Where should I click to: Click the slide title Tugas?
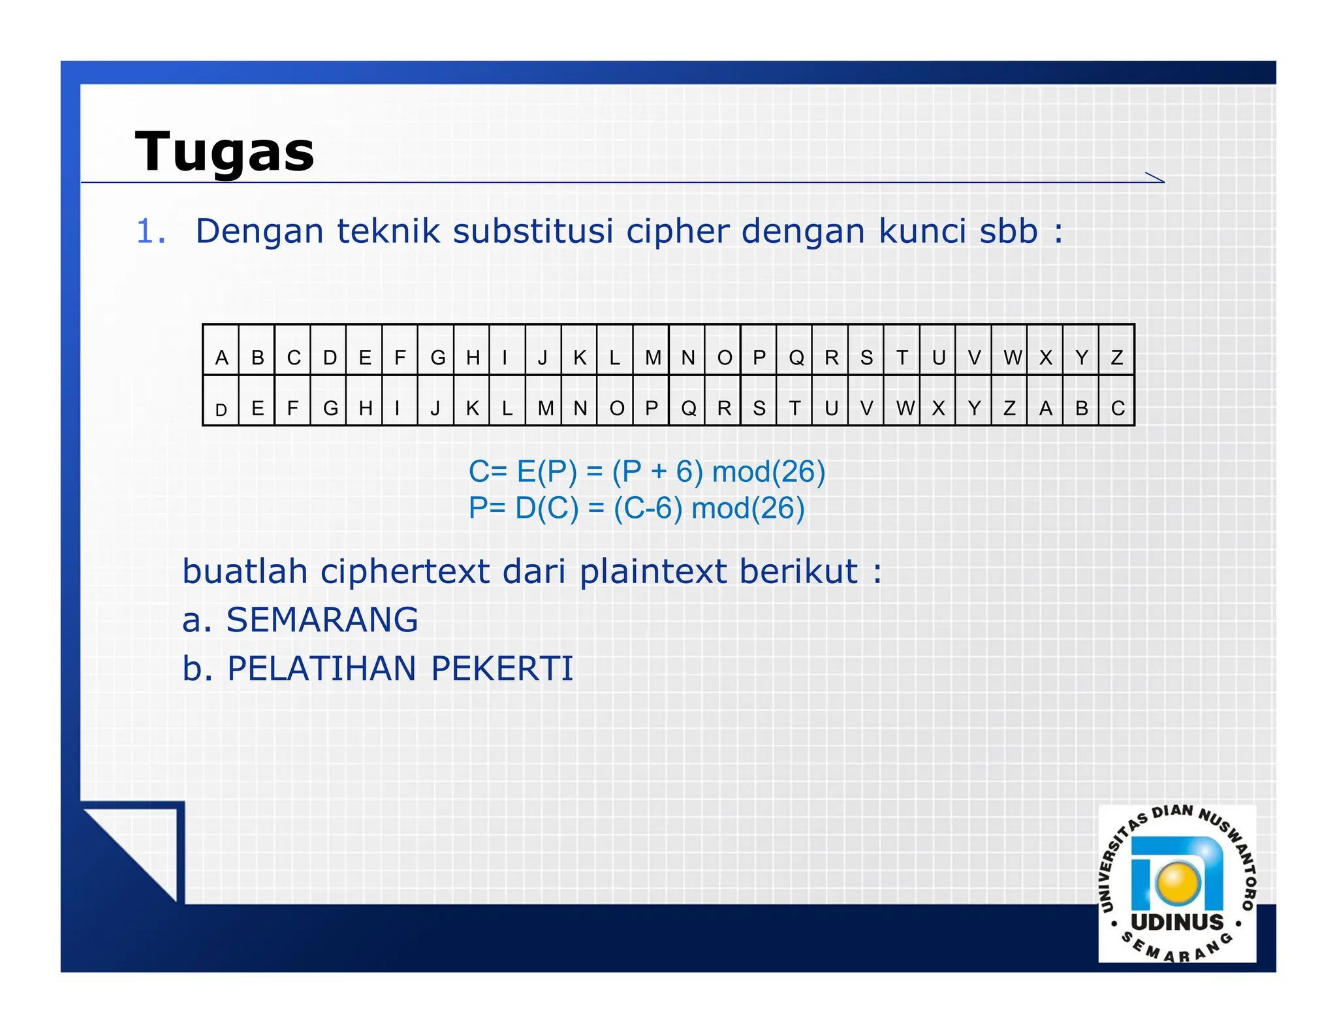(225, 152)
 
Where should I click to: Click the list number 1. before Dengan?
(151, 232)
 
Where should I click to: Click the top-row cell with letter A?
(221, 357)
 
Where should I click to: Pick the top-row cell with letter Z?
(1117, 357)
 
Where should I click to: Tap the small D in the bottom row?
(221, 410)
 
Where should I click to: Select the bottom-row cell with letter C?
(1118, 408)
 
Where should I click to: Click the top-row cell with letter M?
(652, 357)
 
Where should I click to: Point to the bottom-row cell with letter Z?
(1009, 408)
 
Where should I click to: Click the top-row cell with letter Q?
(796, 357)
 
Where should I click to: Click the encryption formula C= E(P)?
(646, 471)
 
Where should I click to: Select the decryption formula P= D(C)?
(637, 508)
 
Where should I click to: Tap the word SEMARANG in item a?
(322, 620)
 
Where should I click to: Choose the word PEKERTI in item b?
(501, 669)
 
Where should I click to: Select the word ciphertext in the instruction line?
(405, 571)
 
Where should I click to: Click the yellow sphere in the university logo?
(1178, 882)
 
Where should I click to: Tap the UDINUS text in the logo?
(1177, 922)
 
